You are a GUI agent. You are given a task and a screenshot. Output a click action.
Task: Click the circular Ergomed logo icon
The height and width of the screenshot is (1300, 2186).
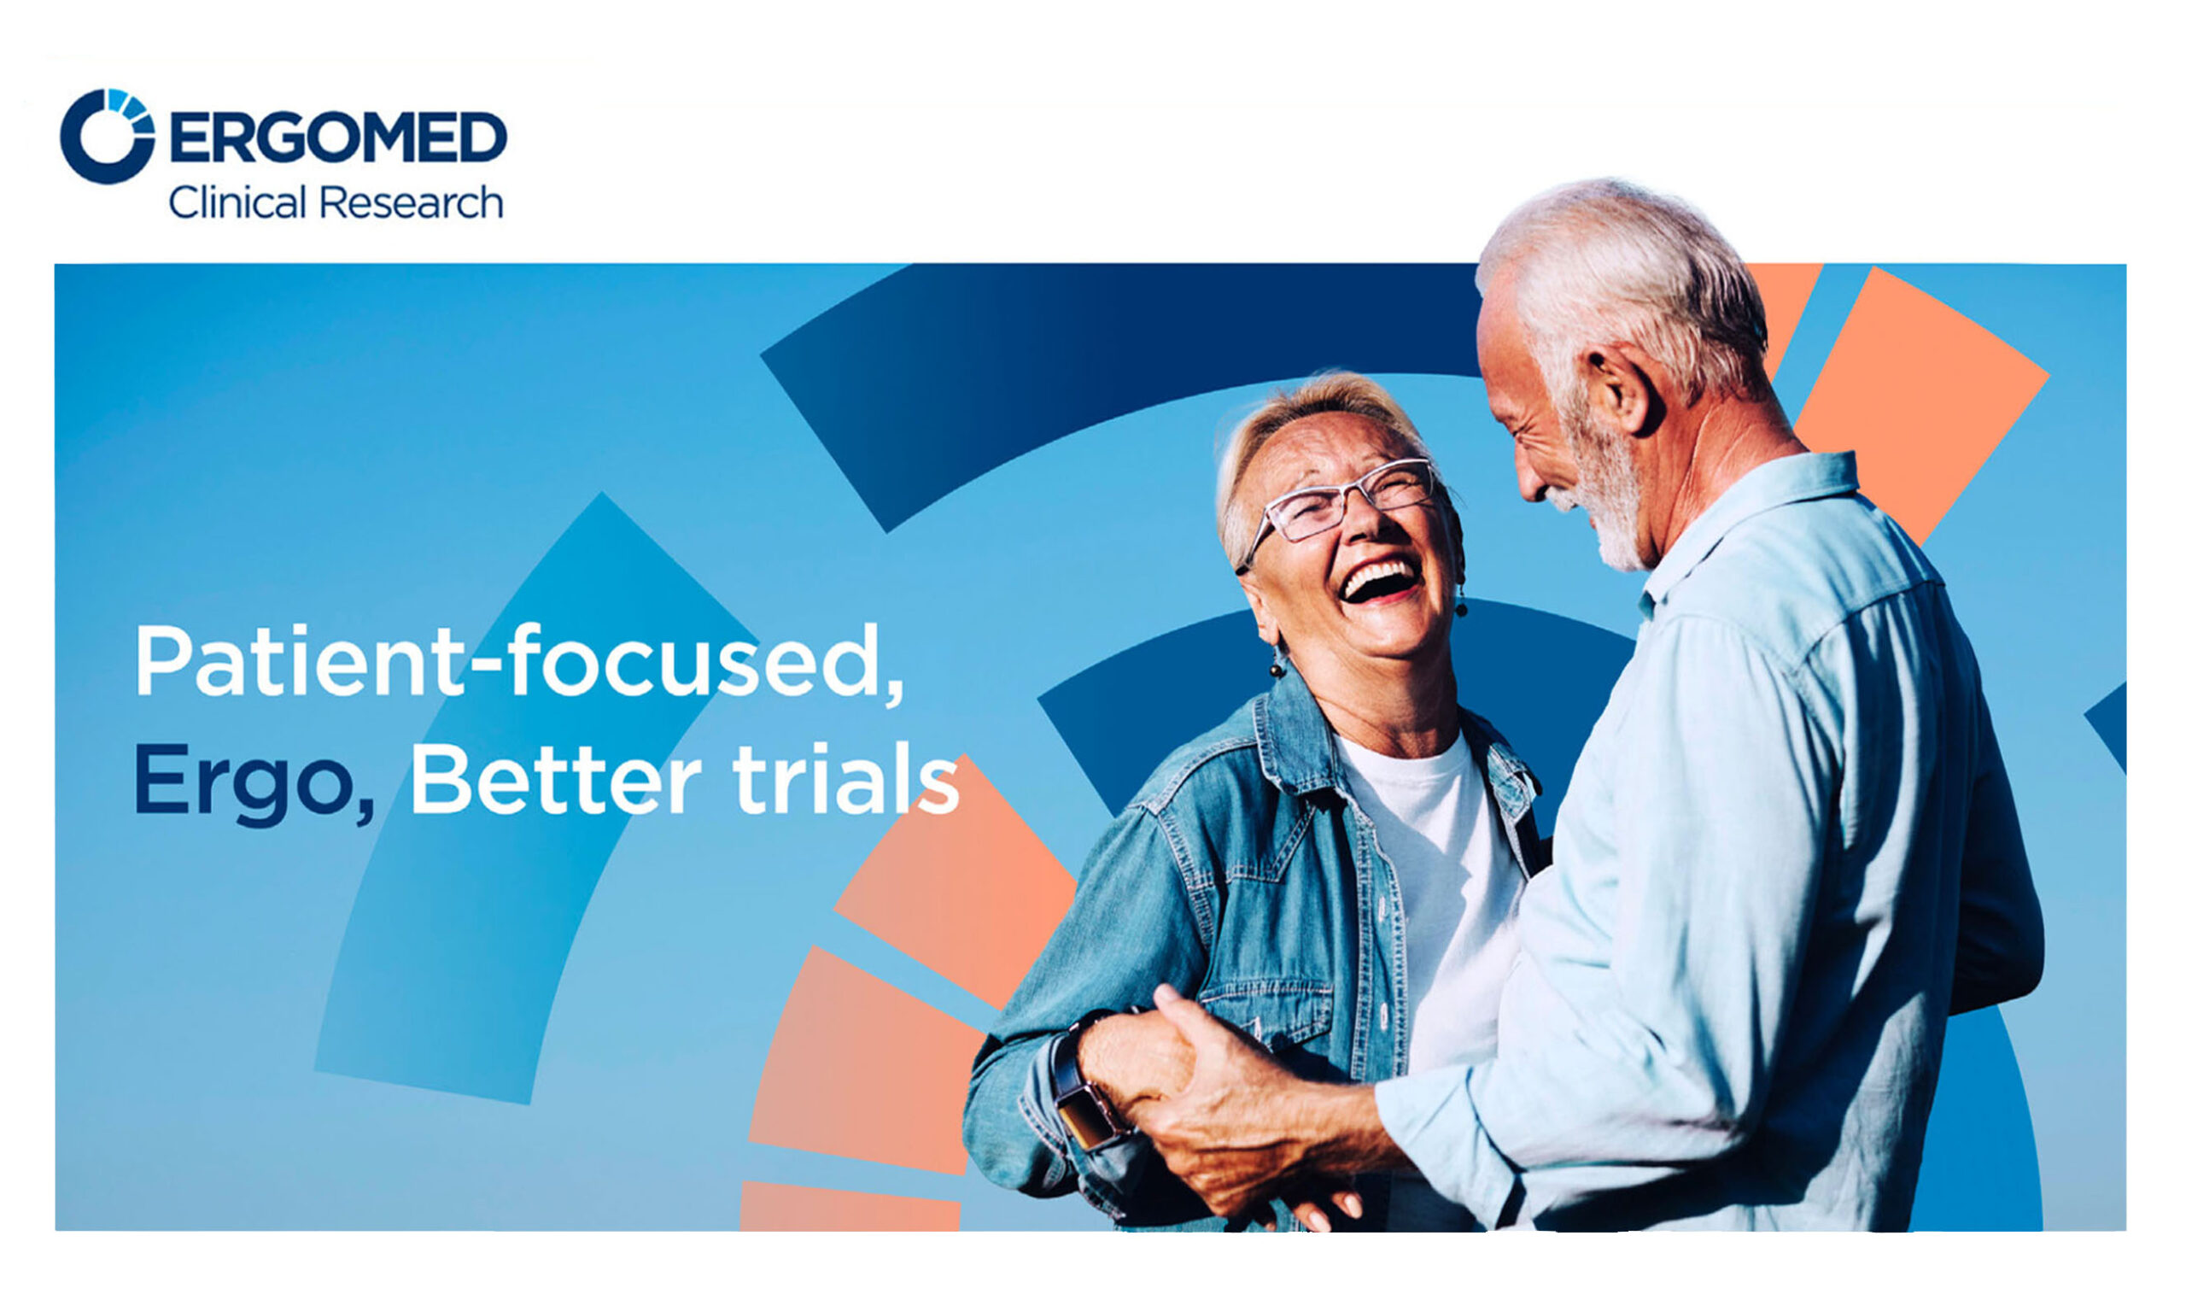pyautogui.click(x=107, y=136)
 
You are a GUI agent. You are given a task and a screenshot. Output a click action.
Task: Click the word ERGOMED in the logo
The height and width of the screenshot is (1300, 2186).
pyautogui.click(x=338, y=137)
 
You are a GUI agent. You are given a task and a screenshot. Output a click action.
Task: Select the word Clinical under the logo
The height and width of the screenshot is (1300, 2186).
pyautogui.click(x=237, y=202)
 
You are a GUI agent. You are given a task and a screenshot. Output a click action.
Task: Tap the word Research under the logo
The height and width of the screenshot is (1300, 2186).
pyautogui.click(x=411, y=202)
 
